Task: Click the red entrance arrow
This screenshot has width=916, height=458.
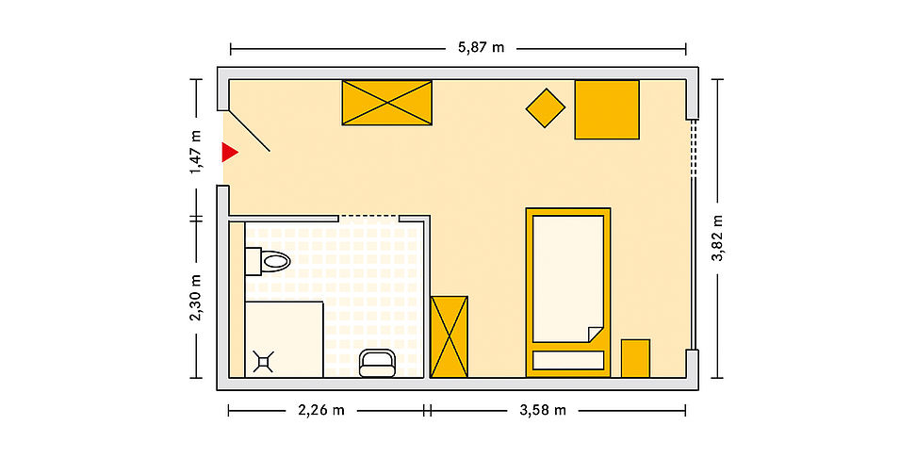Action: tap(228, 153)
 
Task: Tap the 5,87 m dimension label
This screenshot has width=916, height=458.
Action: tap(481, 47)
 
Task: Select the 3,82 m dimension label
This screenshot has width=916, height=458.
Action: tap(718, 237)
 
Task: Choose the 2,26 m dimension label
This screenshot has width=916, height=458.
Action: tap(321, 410)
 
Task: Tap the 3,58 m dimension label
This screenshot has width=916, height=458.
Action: tap(543, 410)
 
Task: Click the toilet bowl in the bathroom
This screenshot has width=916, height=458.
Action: tap(274, 261)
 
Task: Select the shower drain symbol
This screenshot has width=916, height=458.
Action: tap(264, 362)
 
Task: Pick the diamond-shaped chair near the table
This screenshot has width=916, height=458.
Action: tap(546, 108)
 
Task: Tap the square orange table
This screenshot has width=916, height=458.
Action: tap(607, 110)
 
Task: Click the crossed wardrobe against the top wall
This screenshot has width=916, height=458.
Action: tap(386, 103)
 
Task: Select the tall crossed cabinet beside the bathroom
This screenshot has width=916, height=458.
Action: tap(450, 336)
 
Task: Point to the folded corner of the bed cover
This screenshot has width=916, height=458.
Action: tap(596, 335)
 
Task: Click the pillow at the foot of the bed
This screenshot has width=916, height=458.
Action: tap(568, 360)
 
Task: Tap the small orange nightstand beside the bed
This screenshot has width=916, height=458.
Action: tap(635, 358)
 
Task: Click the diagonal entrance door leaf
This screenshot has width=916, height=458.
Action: tap(249, 130)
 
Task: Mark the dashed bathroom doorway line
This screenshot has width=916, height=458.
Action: tap(369, 217)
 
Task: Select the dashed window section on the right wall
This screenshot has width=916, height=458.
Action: tap(694, 148)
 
